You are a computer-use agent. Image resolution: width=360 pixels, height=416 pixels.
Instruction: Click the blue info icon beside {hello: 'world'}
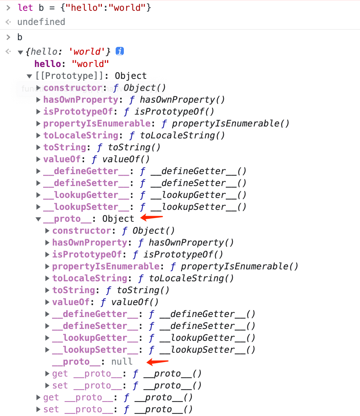[119, 51]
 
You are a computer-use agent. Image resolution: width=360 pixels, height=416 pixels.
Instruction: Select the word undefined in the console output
[41, 22]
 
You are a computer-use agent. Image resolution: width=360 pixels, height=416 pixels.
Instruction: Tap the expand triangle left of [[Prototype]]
[29, 76]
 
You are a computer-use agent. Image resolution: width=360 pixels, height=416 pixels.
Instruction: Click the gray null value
[122, 362]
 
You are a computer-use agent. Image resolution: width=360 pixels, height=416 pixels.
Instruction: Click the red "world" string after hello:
[90, 64]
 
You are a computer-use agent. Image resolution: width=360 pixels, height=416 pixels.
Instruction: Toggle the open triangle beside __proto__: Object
[38, 219]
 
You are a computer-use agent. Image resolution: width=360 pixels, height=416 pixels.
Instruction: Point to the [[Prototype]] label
[68, 76]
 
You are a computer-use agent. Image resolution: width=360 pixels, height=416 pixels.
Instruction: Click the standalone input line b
[20, 37]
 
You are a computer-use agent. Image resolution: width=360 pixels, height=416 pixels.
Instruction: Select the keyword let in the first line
[25, 8]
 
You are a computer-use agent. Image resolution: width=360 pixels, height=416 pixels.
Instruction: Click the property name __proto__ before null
[76, 362]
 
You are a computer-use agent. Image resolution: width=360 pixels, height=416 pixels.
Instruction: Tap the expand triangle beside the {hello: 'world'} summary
[20, 52]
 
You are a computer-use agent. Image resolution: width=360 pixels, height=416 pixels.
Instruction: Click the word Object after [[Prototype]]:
[131, 76]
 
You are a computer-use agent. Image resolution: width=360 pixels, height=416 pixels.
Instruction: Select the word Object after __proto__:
[118, 219]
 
